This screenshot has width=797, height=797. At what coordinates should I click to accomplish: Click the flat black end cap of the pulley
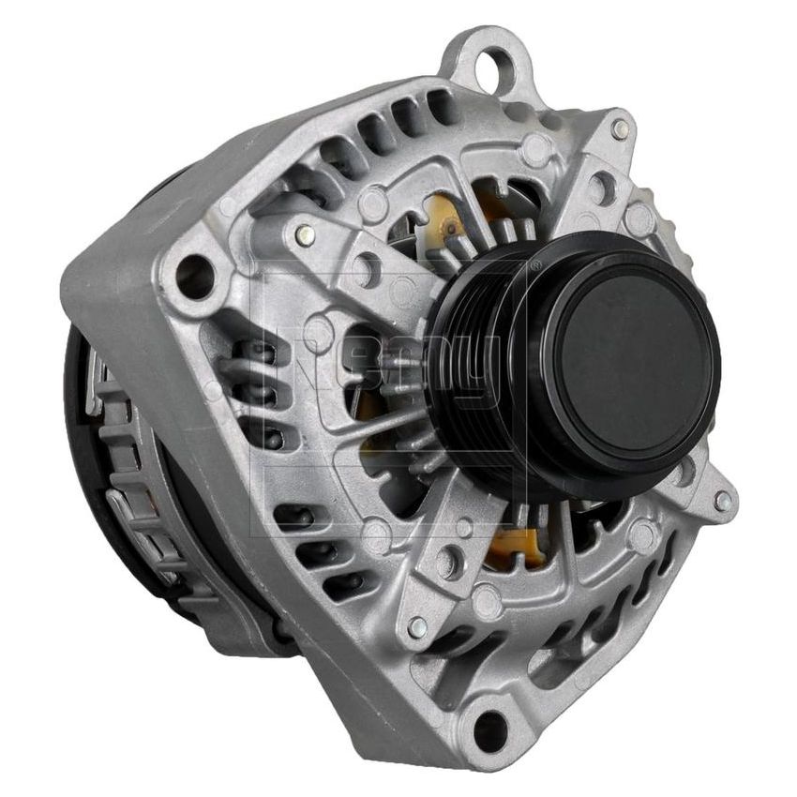(634, 361)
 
